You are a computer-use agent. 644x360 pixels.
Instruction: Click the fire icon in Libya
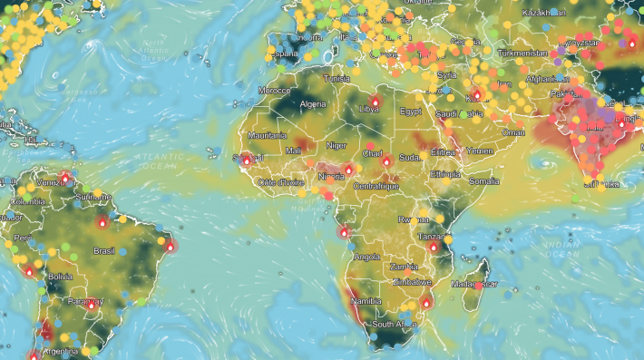376,102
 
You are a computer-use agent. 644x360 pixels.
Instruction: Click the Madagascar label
476,284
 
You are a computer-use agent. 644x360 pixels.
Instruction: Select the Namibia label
366,299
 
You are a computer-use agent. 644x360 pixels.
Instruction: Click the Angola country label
367,257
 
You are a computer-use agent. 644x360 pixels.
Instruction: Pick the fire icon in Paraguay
91,305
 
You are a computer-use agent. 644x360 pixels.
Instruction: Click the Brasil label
104,250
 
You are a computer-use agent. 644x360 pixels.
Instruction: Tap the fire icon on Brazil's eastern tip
170,245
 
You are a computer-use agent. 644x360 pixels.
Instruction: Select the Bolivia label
60,276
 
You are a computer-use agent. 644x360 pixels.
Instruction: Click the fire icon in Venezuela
64,178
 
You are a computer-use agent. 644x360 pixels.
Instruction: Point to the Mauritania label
268,135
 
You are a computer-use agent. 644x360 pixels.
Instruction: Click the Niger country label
337,144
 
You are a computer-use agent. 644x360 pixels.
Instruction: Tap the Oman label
513,132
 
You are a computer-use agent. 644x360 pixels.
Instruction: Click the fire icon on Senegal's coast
246,161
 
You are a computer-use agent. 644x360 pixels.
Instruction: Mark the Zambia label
403,268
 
